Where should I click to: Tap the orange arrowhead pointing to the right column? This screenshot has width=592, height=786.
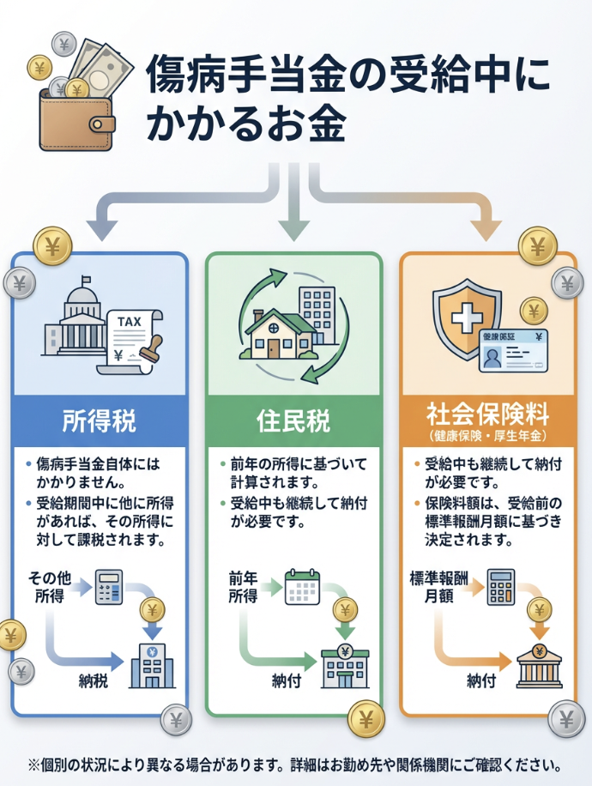pyautogui.click(x=487, y=228)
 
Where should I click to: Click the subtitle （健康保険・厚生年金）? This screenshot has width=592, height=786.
pyautogui.click(x=488, y=437)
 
